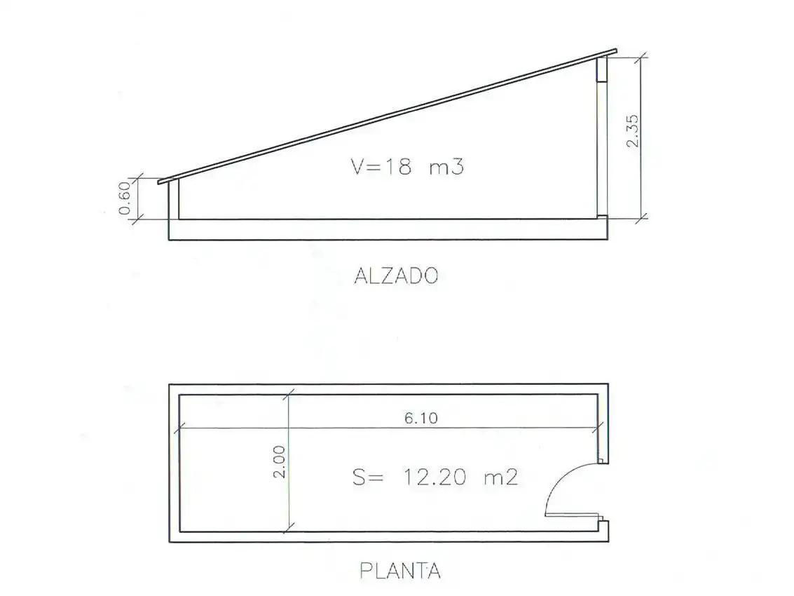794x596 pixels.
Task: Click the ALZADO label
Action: click(396, 276)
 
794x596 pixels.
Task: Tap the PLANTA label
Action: click(400, 571)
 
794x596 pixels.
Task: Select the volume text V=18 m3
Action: click(407, 166)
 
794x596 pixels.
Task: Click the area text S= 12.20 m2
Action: click(435, 478)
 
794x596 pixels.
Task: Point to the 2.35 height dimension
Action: click(633, 130)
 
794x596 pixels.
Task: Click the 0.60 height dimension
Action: click(125, 198)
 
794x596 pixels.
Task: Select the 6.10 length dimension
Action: click(420, 418)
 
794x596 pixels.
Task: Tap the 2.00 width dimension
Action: click(279, 461)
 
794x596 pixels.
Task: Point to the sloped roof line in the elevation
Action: click(388, 116)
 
